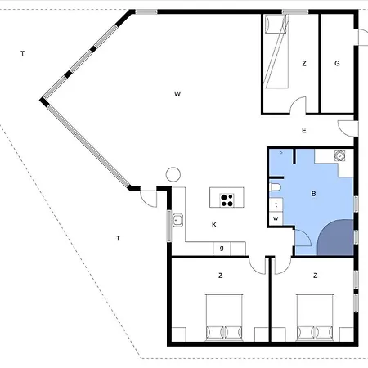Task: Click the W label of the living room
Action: [177, 94]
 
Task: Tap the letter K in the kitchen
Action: [214, 225]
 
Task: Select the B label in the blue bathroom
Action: [313, 194]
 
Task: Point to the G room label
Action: [337, 63]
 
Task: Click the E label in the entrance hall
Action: [304, 130]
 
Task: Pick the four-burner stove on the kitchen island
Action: [227, 200]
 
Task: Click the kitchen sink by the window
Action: [177, 220]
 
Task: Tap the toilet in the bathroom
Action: [275, 187]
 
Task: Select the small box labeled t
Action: [276, 204]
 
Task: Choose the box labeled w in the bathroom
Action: [276, 218]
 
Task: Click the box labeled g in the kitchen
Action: [222, 249]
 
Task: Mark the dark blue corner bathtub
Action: [336, 237]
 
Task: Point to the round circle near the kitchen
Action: [173, 174]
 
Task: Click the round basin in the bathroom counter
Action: [339, 156]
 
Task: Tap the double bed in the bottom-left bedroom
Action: [224, 317]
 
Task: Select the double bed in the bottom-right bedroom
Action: [315, 317]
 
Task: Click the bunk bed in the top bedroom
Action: [276, 52]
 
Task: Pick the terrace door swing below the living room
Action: [149, 199]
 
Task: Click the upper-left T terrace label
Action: [23, 53]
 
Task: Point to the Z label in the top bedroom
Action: [304, 64]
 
